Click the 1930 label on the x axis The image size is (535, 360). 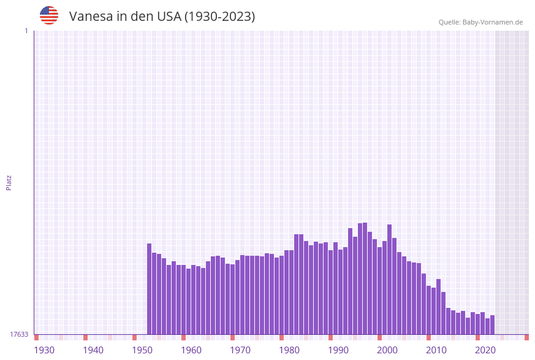point(44,350)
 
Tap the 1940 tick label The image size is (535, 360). point(93,350)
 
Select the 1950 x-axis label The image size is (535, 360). point(142,350)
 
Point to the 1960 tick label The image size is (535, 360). point(191,350)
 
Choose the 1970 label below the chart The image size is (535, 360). point(240,350)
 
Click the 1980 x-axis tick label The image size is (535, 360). point(289,350)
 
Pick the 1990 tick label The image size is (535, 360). point(338,350)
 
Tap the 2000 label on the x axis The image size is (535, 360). point(387,350)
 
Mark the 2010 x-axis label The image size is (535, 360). point(436,350)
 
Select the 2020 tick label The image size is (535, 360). point(485,350)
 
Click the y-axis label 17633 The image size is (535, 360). point(19,334)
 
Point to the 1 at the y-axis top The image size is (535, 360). point(26,31)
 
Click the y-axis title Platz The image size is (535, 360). point(9,182)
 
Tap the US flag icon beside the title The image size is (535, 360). point(49,15)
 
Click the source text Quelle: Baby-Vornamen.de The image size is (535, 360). point(480,22)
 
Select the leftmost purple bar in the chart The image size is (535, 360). point(149,289)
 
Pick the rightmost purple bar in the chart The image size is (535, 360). point(492,324)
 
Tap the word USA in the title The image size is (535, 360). point(169,17)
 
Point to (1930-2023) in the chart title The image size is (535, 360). point(219,17)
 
